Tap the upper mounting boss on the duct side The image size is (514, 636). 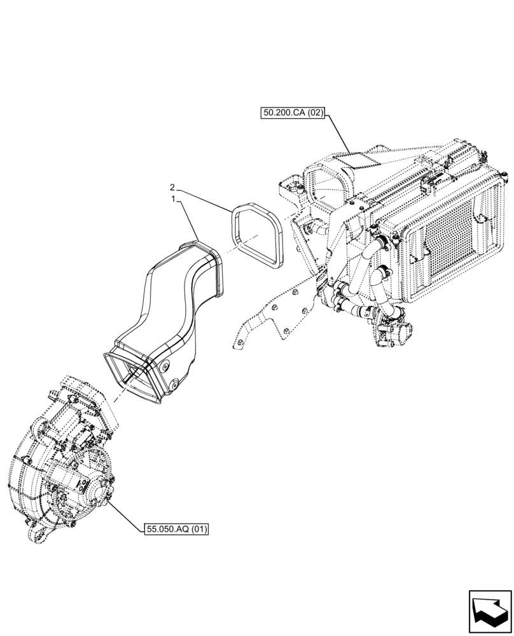pyautogui.click(x=165, y=367)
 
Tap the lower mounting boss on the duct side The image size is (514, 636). pyautogui.click(x=172, y=384)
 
